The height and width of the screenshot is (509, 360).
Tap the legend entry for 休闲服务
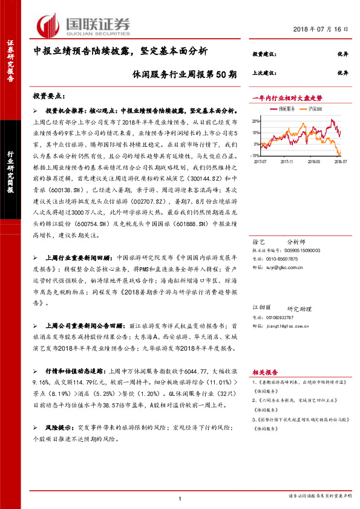287,109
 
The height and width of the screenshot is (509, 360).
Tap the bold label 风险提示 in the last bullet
59,427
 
